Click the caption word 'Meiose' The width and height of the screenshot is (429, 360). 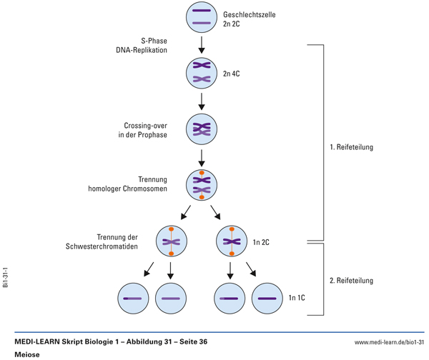tap(26, 354)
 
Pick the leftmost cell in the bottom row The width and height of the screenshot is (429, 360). tap(134, 297)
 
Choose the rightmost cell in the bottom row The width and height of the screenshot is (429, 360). tap(269, 297)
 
